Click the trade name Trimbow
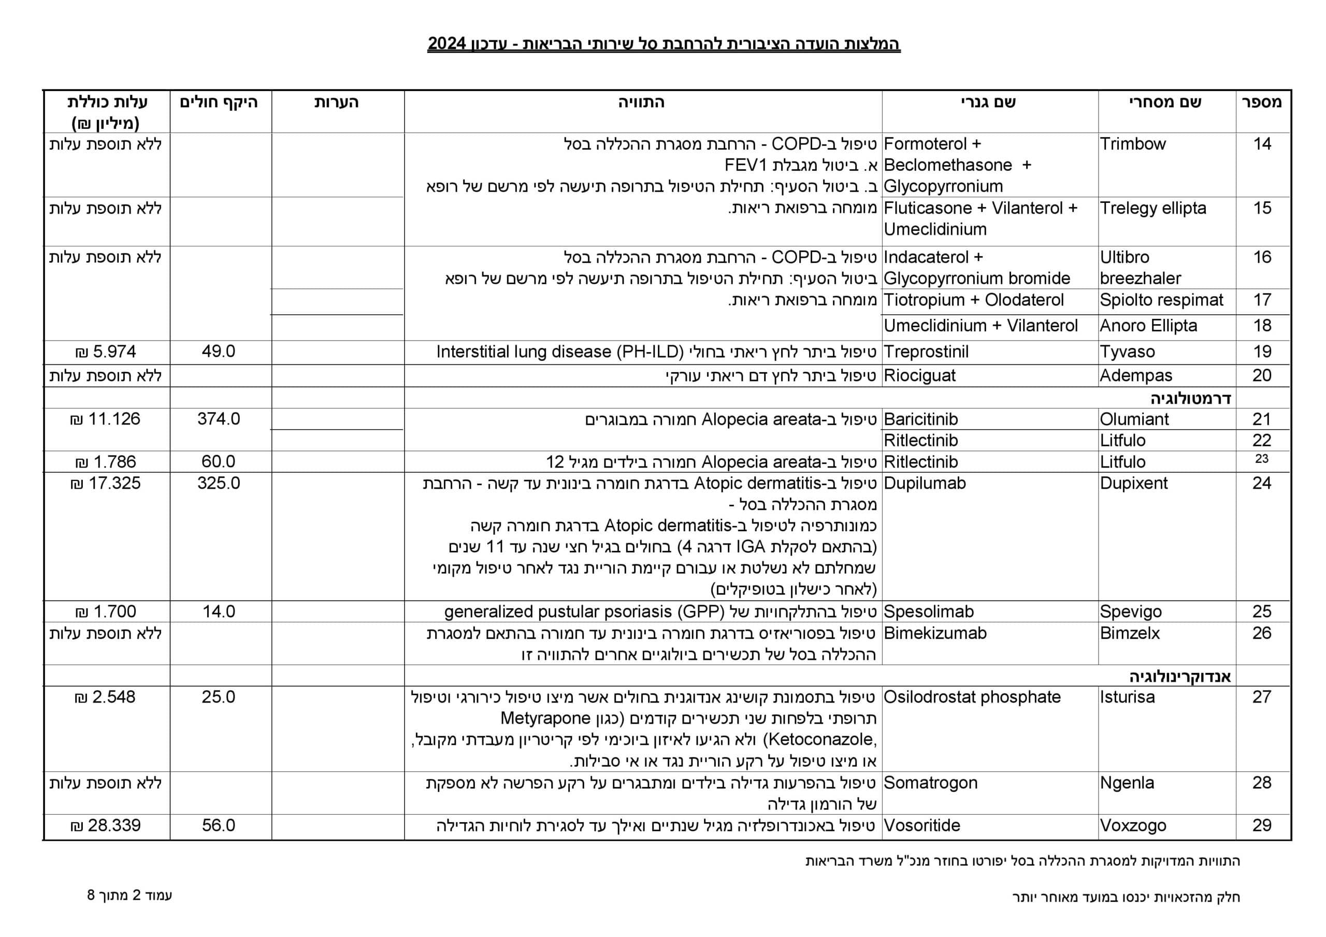click(1132, 144)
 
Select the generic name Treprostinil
click(926, 352)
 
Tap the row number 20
click(1262, 376)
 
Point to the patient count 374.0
click(218, 419)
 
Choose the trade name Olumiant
click(1134, 419)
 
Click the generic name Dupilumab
click(925, 483)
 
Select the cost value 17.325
click(106, 483)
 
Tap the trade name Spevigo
click(1130, 611)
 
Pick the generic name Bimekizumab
click(935, 633)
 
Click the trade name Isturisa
click(1127, 697)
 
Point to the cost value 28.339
click(106, 826)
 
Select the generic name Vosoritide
click(922, 826)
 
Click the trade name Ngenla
click(1127, 783)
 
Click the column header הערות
click(337, 103)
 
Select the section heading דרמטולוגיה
click(1191, 399)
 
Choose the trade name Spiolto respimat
click(1161, 300)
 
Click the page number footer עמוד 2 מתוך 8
click(130, 896)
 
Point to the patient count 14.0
click(218, 611)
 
